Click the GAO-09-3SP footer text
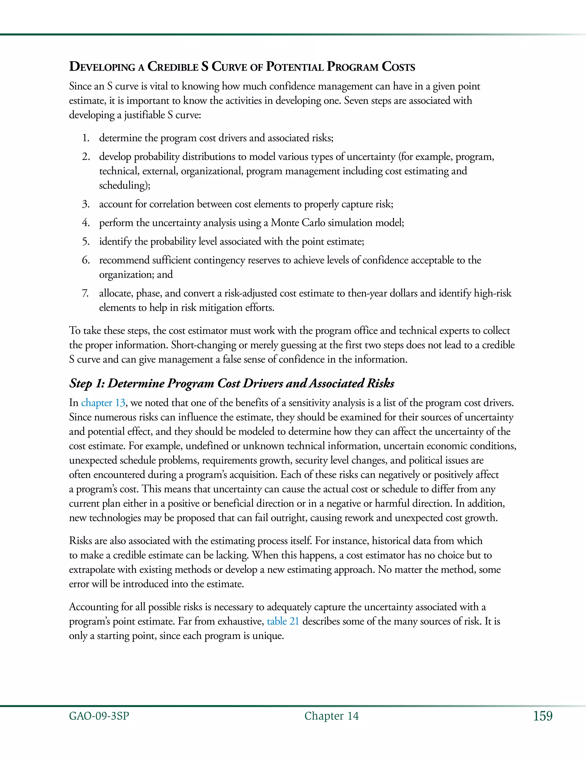(x=99, y=716)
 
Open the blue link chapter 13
(x=103, y=403)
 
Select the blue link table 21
(x=283, y=621)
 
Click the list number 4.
(x=85, y=223)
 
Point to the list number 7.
(x=85, y=293)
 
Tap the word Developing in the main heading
(x=102, y=67)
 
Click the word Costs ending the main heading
(x=398, y=67)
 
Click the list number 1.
(x=85, y=138)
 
